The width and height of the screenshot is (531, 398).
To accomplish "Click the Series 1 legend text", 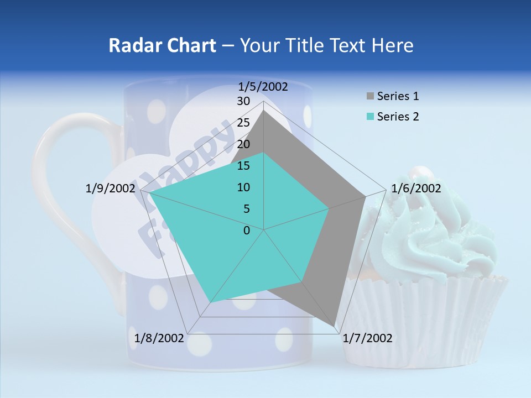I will coord(398,96).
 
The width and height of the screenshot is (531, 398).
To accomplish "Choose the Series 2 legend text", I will coord(398,117).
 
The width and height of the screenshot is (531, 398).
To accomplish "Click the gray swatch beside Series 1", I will coord(370,96).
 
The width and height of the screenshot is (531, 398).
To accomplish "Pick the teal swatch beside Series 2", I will coord(370,117).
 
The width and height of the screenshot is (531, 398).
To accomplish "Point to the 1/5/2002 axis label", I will coord(263,86).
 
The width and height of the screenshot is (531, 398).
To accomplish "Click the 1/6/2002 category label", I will coord(416,188).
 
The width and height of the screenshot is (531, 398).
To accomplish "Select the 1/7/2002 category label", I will coord(367,338).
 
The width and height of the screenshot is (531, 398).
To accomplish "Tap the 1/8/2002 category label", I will coord(159,338).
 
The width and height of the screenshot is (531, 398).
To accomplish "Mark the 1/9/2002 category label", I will coord(111,188).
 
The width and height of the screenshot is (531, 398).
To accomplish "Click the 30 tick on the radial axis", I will coord(243,101).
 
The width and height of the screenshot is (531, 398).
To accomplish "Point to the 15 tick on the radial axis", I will coord(243,166).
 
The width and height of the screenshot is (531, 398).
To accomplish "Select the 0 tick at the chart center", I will coord(247,231).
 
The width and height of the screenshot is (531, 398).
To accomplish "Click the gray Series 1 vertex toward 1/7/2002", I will coord(334,327).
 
